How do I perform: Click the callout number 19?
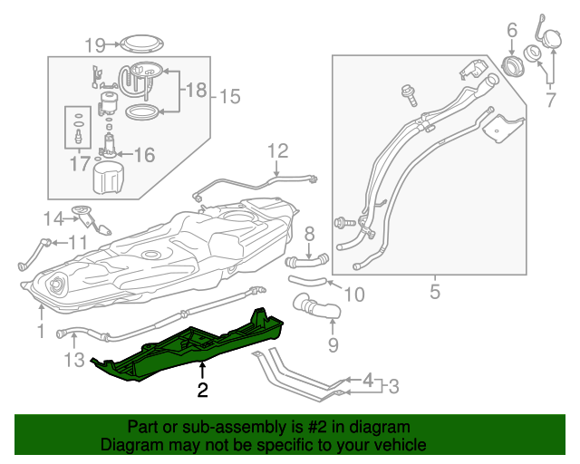pos(96,43)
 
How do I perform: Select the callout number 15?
pos(230,95)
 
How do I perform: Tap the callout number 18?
pos(197,90)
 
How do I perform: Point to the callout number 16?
pos(145,155)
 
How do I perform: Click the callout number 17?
pos(79,163)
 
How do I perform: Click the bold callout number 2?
pos(202,391)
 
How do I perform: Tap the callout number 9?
pos(332,344)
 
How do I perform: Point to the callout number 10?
pos(354,295)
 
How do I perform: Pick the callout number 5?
pos(434,292)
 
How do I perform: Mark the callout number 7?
pos(550,99)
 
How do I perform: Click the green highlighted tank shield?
pos(190,345)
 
